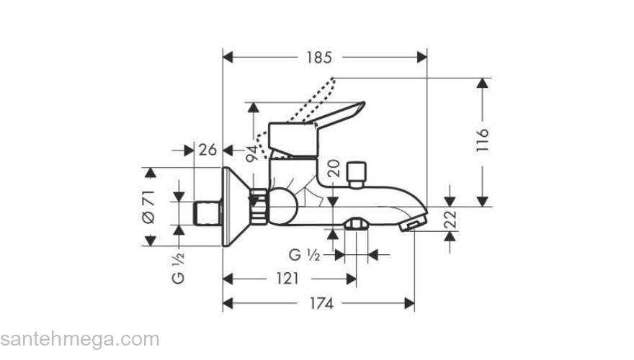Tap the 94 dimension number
pos(252,153)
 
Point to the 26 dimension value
pos(207,150)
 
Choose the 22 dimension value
pos(450,220)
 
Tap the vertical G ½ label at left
pos(179,267)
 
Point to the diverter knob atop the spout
pos(355,173)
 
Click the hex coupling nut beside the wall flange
pos(259,206)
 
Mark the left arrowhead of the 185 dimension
pos(228,56)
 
